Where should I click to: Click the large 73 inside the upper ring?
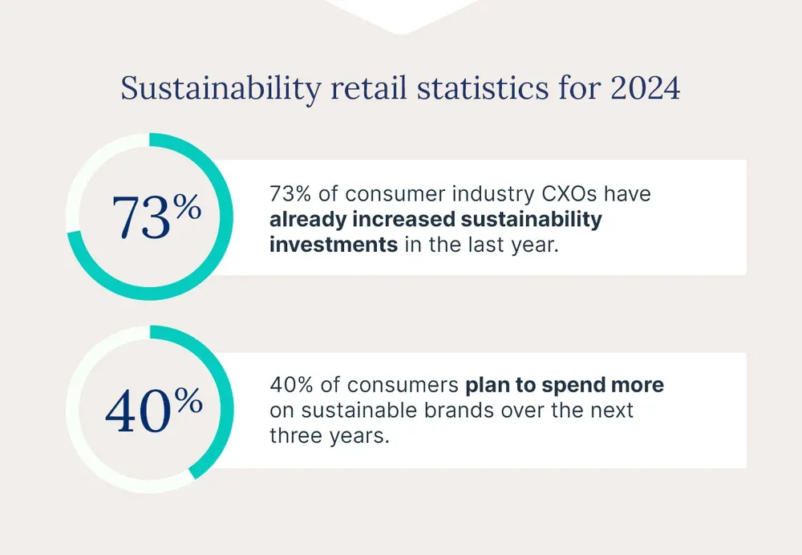pyautogui.click(x=141, y=218)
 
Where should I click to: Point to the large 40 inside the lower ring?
pyautogui.click(x=138, y=411)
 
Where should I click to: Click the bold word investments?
pyautogui.click(x=334, y=244)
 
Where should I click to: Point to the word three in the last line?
pyautogui.click(x=295, y=435)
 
